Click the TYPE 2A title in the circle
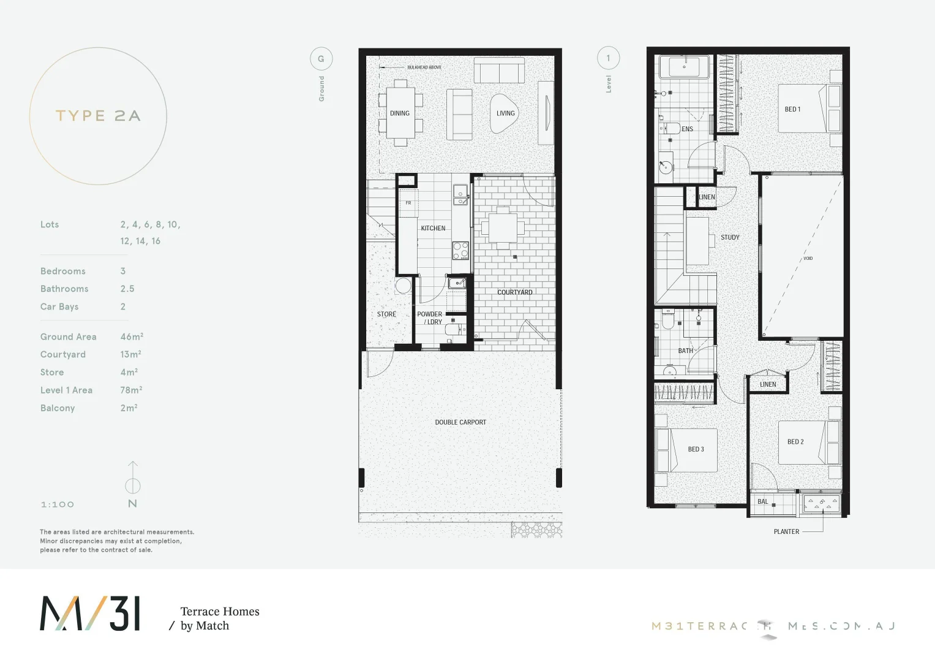click(98, 116)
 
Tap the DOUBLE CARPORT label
click(460, 422)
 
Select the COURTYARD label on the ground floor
click(514, 292)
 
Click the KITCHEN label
click(433, 228)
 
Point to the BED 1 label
click(792, 109)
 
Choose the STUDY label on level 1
click(730, 237)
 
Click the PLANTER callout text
click(786, 531)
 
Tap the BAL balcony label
click(762, 501)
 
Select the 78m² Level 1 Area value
click(131, 390)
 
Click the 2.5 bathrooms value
click(127, 289)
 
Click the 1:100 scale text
click(57, 504)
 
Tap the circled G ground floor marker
click(321, 59)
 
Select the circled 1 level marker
click(608, 58)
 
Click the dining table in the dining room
click(400, 113)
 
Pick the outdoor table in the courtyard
click(503, 228)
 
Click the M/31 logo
click(90, 614)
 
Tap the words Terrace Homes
click(220, 611)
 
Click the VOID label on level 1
click(808, 258)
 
